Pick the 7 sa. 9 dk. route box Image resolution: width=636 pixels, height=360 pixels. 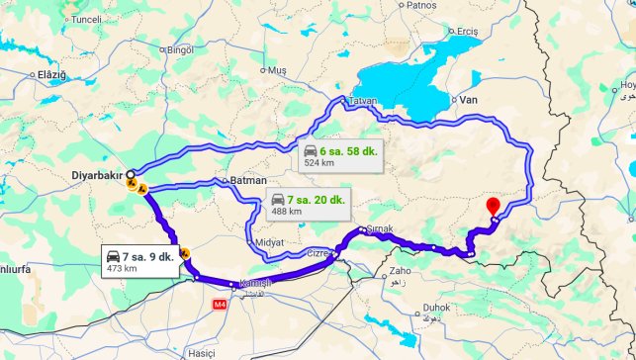tap(142, 262)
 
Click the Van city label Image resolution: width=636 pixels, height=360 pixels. tap(469, 100)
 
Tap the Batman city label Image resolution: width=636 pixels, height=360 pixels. tap(248, 181)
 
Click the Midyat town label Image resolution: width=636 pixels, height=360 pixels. tap(270, 242)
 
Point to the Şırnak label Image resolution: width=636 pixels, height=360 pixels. tap(380, 229)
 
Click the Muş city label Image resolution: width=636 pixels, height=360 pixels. tap(277, 70)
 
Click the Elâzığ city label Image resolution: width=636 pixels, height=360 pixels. tap(51, 75)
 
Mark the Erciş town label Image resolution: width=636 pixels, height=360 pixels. tap(467, 32)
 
